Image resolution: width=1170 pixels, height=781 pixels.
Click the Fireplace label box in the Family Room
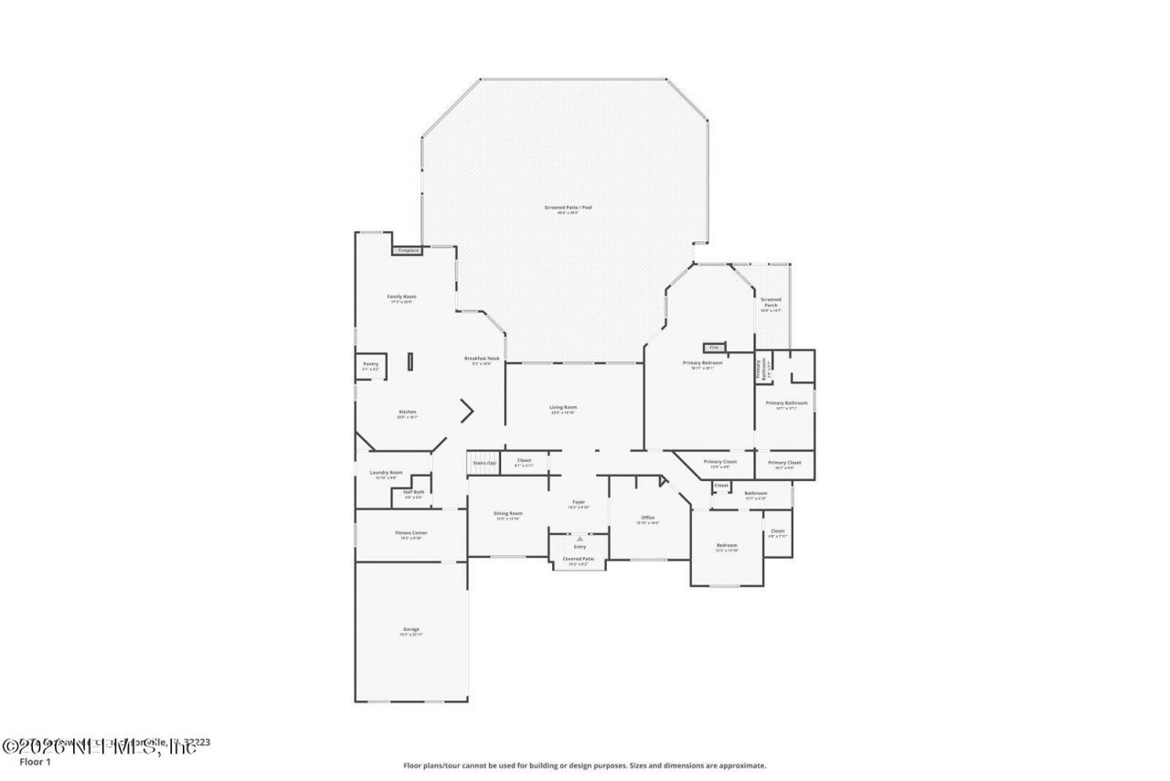(x=408, y=250)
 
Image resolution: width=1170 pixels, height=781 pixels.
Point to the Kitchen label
(x=408, y=413)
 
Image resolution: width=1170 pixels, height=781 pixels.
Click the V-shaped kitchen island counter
(x=468, y=411)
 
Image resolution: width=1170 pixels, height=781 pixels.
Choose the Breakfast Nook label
(x=482, y=359)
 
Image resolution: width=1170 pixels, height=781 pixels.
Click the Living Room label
(x=563, y=409)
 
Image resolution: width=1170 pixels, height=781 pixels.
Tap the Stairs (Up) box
(x=484, y=463)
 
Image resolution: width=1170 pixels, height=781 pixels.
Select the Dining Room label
(x=508, y=515)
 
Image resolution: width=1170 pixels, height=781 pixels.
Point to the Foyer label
(x=580, y=503)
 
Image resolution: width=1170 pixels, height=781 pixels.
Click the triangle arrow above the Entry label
(x=580, y=539)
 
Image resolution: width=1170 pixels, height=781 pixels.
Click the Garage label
(x=411, y=630)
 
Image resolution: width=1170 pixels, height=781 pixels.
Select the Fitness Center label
(x=411, y=534)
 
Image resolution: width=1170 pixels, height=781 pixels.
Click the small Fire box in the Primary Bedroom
(x=714, y=348)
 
